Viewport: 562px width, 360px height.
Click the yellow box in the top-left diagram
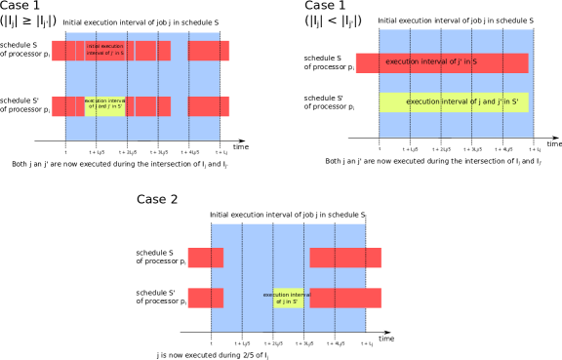click(x=104, y=105)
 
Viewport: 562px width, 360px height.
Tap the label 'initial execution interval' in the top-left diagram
click(x=105, y=49)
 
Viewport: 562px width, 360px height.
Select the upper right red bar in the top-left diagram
click(x=209, y=51)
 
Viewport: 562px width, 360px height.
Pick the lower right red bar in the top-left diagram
click(x=209, y=106)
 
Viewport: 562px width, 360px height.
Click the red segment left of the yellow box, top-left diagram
click(x=68, y=106)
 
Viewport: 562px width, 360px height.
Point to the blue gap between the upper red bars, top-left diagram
click(x=180, y=51)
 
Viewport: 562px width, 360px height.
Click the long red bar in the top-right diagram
click(x=441, y=62)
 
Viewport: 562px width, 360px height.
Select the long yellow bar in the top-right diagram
click(x=454, y=102)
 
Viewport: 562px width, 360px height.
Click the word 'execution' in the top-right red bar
click(x=403, y=62)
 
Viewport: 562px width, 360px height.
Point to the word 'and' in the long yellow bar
click(x=478, y=102)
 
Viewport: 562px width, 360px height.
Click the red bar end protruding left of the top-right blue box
click(x=367, y=62)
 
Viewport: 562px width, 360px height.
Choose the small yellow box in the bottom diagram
click(x=288, y=298)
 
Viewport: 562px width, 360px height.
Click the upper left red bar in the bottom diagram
click(x=205, y=258)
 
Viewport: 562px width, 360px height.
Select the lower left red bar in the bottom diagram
click(x=205, y=298)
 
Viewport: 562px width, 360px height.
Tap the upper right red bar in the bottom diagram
click(x=345, y=258)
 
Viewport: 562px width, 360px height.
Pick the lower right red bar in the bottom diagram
click(x=345, y=298)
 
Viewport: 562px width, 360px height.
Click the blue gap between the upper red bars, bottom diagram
click(x=266, y=258)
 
